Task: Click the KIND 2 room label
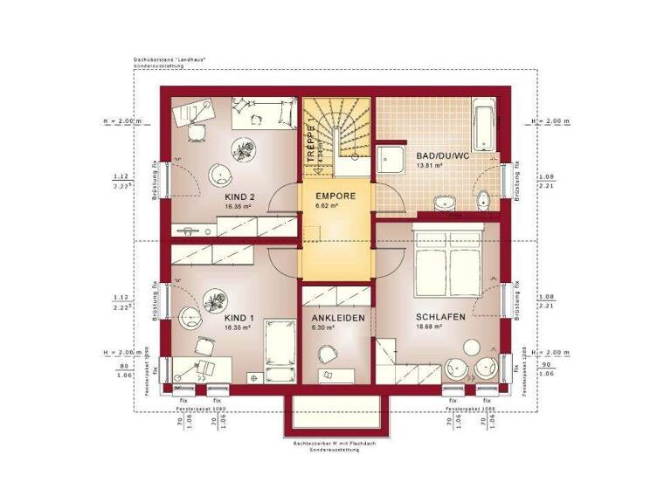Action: (239, 197)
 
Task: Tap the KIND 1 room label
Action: (238, 318)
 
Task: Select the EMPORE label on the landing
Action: (335, 196)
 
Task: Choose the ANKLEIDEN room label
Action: (337, 318)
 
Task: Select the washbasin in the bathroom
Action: (445, 203)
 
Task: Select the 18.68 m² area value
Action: (428, 328)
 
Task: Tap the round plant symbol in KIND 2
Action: (243, 146)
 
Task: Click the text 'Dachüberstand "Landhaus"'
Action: (162, 59)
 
